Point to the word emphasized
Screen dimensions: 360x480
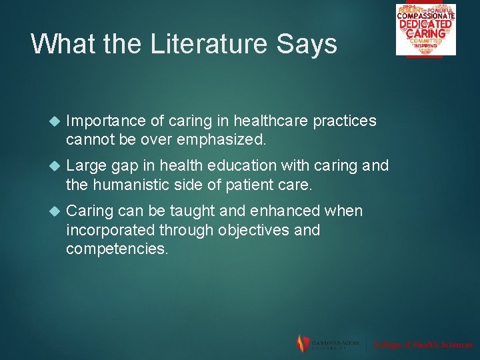point(219,140)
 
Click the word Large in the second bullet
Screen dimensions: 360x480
point(87,165)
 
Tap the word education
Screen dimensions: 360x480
point(241,165)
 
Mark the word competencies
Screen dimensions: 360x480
point(117,249)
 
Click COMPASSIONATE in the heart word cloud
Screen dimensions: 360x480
point(426,17)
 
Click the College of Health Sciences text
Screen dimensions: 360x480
point(423,345)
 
